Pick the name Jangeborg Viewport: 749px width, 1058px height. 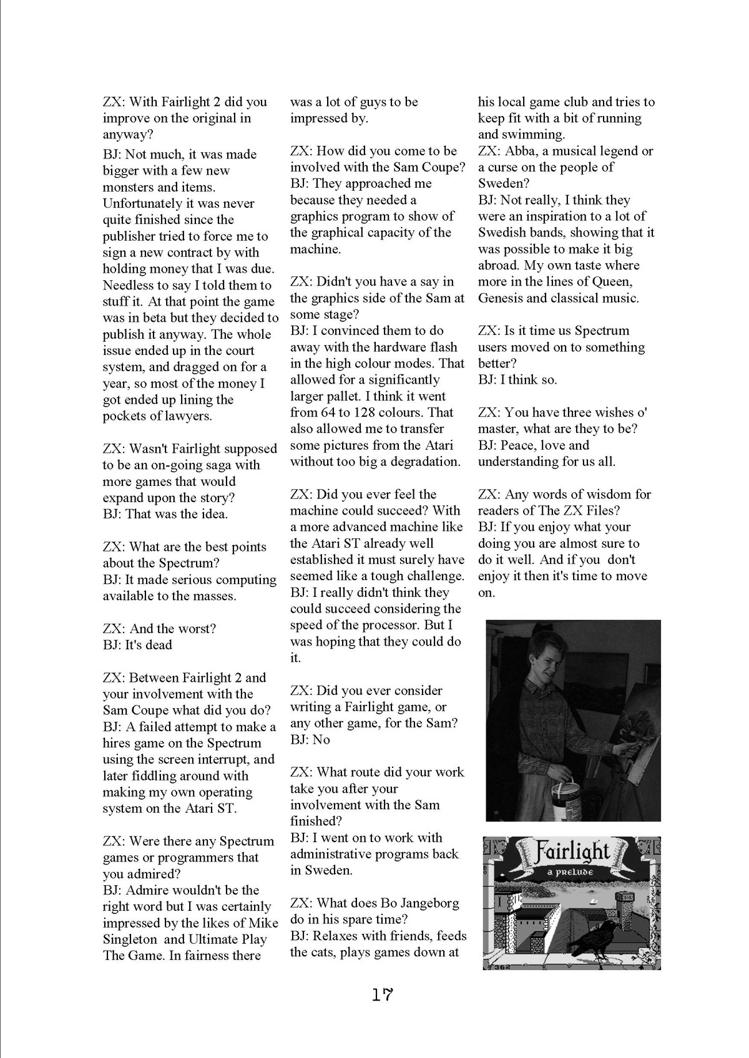(424, 903)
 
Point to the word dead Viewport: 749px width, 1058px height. (159, 645)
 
